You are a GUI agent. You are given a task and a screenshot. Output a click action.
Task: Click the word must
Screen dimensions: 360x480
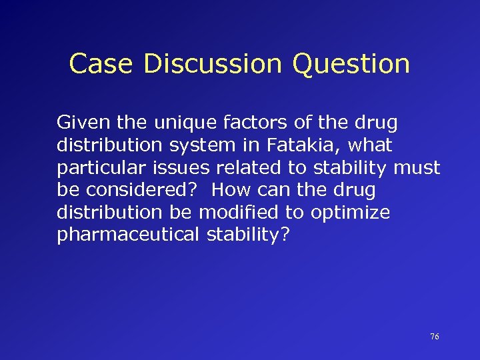417,167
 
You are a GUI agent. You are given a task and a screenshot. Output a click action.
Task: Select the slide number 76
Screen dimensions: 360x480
435,337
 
